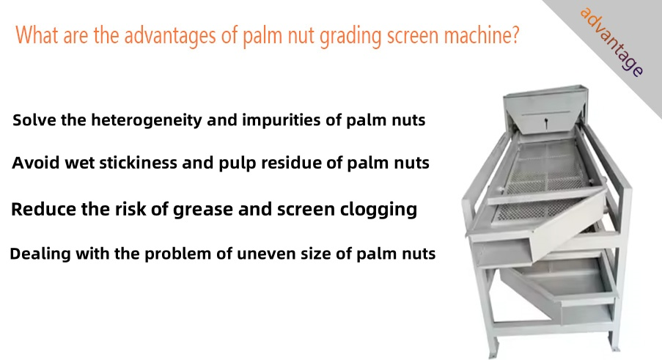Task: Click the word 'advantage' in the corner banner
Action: coord(611,42)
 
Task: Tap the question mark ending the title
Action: coord(514,34)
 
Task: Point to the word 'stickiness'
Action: coord(138,163)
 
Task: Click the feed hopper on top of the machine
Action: coord(545,111)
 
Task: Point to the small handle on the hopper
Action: coord(547,123)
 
